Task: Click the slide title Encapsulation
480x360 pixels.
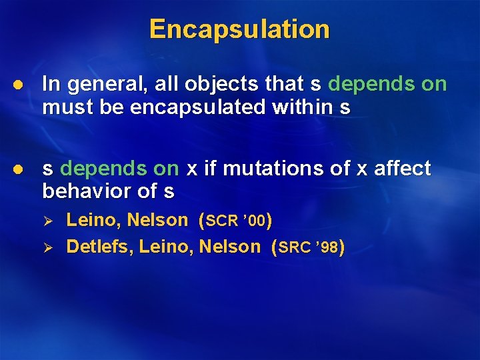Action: click(239, 29)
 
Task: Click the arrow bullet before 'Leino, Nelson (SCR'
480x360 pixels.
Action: click(56, 221)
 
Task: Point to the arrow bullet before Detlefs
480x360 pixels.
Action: click(56, 247)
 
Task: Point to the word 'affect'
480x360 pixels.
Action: click(402, 169)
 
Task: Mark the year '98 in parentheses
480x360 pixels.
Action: click(327, 248)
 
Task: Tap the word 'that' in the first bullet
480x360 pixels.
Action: click(284, 84)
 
